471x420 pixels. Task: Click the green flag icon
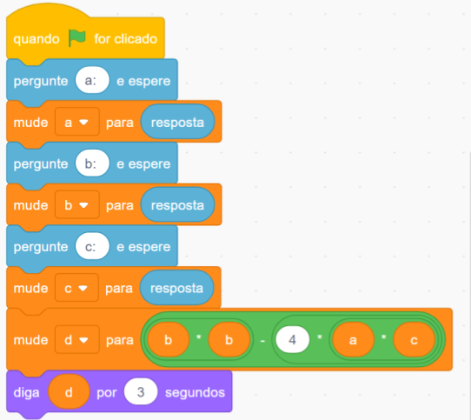pyautogui.click(x=76, y=38)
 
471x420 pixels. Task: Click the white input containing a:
pyautogui.click(x=92, y=80)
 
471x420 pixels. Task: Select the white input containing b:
pyautogui.click(x=92, y=163)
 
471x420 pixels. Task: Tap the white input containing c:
pyautogui.click(x=92, y=246)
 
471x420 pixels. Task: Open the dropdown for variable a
pyautogui.click(x=76, y=122)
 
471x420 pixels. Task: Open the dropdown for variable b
pyautogui.click(x=76, y=204)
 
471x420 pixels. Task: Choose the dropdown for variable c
pyautogui.click(x=76, y=288)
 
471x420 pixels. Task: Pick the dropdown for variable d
pyautogui.click(x=76, y=339)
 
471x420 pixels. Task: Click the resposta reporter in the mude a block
pyautogui.click(x=177, y=122)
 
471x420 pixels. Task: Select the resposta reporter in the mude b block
pyautogui.click(x=177, y=204)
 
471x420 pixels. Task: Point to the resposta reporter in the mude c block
pyautogui.click(x=177, y=288)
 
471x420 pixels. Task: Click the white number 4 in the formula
pyautogui.click(x=292, y=339)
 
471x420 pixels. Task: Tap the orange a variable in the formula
pyautogui.click(x=352, y=339)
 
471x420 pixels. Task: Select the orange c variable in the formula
pyautogui.click(x=414, y=339)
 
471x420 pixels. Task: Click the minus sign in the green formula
pyautogui.click(x=262, y=341)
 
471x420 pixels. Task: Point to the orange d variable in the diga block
pyautogui.click(x=69, y=392)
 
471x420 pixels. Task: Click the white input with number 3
pyautogui.click(x=141, y=392)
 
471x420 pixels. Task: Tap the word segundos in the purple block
pyautogui.click(x=195, y=392)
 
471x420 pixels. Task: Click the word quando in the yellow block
pyautogui.click(x=36, y=39)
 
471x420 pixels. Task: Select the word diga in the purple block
pyautogui.click(x=26, y=393)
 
